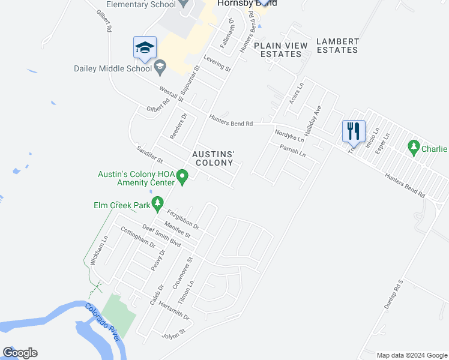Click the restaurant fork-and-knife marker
point(352,130)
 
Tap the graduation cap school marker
point(145,47)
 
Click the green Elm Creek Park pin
point(157,204)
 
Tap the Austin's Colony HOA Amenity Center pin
point(183,176)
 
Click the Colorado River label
point(103,323)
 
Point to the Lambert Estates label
point(337,46)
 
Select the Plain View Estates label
point(281,50)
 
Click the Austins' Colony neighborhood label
point(212,158)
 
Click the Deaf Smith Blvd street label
point(161,235)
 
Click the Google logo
point(20,353)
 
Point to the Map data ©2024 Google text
point(412,355)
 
